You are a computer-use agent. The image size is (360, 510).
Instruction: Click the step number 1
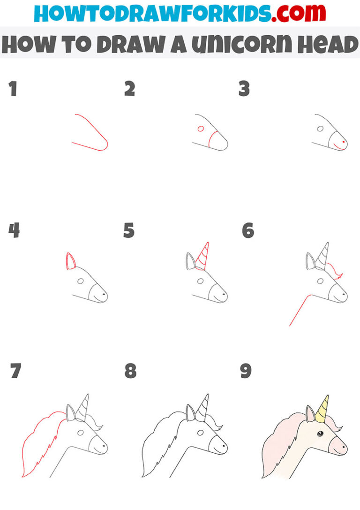click(x=13, y=89)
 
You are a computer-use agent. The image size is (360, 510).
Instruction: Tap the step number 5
click(x=129, y=231)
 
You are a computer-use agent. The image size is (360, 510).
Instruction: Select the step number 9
click(x=246, y=371)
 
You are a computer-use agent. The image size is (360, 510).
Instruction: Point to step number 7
click(x=15, y=371)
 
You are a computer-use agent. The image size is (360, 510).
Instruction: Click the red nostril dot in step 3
click(x=344, y=142)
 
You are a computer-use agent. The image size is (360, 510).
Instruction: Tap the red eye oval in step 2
click(x=201, y=129)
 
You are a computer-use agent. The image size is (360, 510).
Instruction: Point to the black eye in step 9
click(x=320, y=433)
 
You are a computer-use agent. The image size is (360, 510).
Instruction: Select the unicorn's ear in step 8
click(x=191, y=413)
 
